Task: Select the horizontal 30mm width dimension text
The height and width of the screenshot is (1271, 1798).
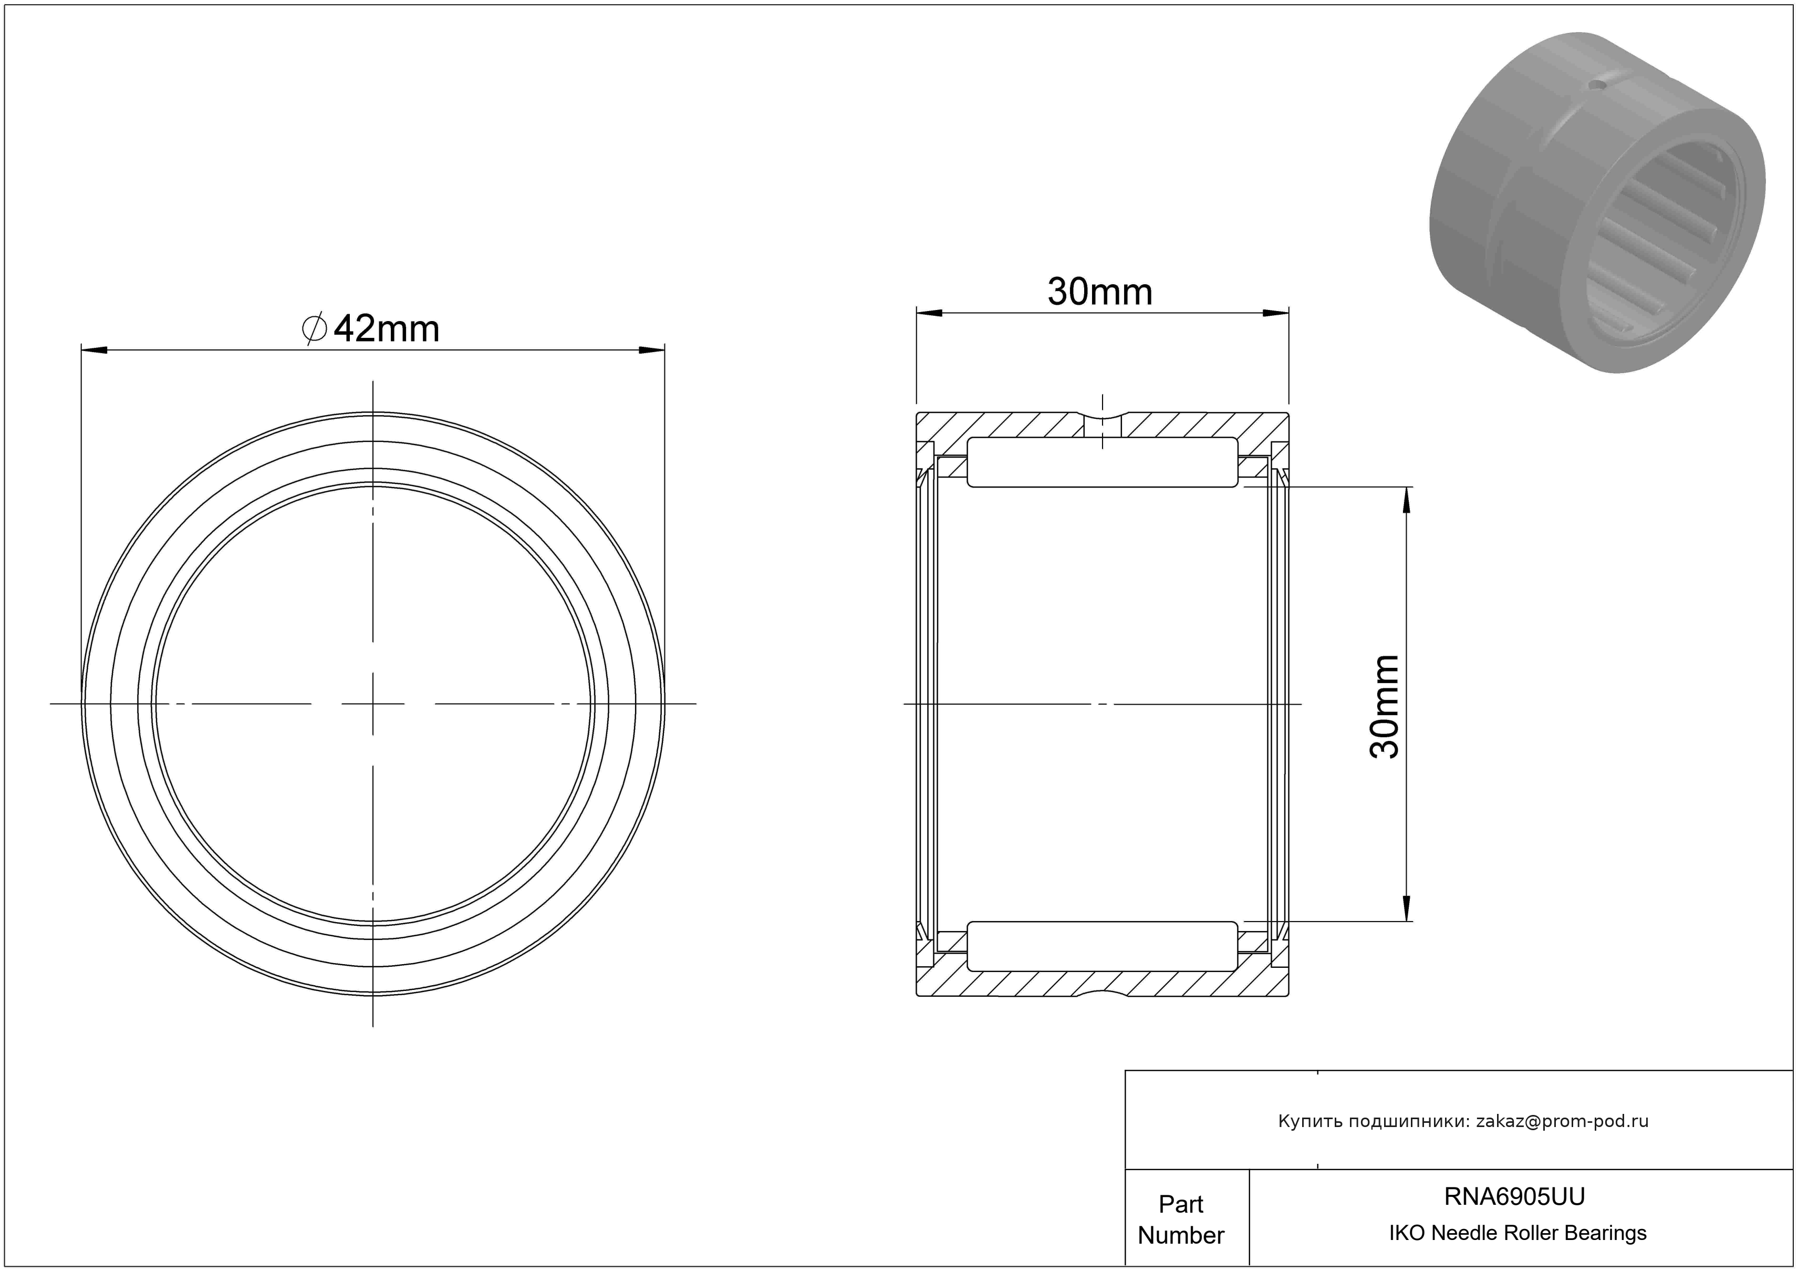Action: coord(1100,292)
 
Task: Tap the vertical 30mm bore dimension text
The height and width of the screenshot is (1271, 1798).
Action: coord(1385,706)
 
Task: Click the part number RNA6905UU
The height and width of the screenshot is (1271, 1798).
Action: coord(1514,1196)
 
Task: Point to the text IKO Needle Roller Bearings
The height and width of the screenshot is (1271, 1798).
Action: coord(1518,1233)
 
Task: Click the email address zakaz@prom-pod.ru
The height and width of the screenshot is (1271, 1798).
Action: coord(1562,1121)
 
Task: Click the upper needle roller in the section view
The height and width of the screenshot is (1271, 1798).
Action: coord(1103,462)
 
